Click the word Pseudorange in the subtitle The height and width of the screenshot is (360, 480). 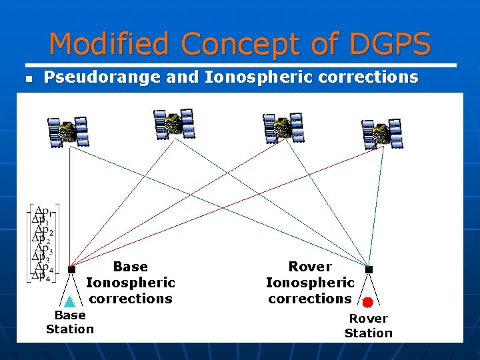[103, 77]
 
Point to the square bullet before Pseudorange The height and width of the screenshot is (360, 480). [28, 78]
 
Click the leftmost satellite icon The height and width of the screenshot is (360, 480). [68, 131]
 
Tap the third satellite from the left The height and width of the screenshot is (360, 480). [283, 127]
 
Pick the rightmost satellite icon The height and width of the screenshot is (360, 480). [381, 133]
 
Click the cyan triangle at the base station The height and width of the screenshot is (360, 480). [69, 301]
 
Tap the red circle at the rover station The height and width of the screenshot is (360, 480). [367, 302]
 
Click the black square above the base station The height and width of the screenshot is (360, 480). [71, 269]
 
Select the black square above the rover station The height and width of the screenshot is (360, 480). [369, 269]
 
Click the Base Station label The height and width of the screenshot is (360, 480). [70, 322]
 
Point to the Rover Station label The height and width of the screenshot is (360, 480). [369, 326]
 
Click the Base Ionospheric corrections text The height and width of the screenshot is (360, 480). [131, 283]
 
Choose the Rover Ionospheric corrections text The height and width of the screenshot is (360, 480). [310, 283]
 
